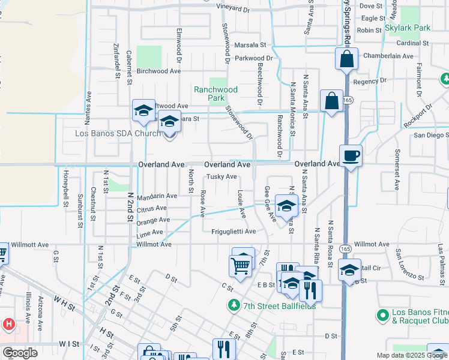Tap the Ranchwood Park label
(x=215, y=94)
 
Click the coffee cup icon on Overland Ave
(x=351, y=155)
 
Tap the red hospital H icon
(x=8, y=325)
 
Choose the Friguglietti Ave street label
(x=234, y=231)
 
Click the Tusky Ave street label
(x=221, y=176)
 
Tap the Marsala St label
(x=250, y=45)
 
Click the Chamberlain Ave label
(x=389, y=56)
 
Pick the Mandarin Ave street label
(x=157, y=196)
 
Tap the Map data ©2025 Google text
(x=412, y=355)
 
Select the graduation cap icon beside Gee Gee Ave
(x=286, y=206)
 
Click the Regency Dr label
(x=370, y=81)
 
